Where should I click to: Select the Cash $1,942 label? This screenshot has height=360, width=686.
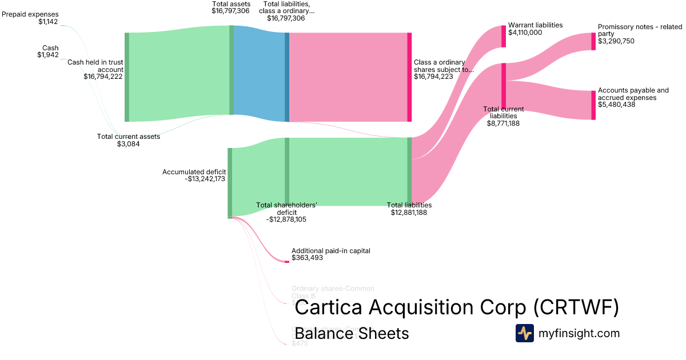tap(48, 51)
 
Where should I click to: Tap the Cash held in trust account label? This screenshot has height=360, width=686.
tap(96, 69)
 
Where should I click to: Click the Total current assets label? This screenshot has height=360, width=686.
tap(129, 140)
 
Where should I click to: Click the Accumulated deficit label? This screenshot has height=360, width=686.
tap(194, 175)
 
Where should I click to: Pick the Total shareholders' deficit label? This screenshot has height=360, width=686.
tap(286, 212)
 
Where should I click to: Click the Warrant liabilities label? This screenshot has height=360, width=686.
tap(535, 29)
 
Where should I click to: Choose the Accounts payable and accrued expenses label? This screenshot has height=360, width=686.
tap(633, 97)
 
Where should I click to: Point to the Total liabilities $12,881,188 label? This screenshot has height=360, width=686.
tap(409, 209)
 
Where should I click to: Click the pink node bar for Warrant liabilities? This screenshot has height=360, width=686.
tap(504, 36)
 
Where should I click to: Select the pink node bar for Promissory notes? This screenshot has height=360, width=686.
tap(593, 41)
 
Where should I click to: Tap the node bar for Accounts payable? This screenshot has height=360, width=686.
tap(593, 105)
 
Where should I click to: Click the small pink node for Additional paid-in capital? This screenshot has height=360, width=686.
tap(287, 262)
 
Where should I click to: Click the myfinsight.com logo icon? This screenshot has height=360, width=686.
tap(524, 333)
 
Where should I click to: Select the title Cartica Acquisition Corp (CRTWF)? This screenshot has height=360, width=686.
tap(457, 308)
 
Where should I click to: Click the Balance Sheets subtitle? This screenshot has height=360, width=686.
tap(352, 333)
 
